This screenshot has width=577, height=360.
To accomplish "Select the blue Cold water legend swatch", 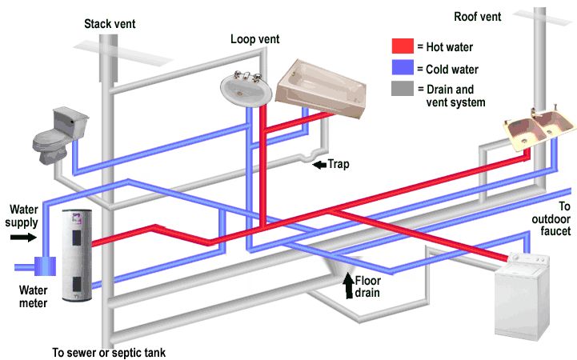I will click(x=403, y=68).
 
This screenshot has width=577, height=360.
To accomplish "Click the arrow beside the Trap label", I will click(x=319, y=166).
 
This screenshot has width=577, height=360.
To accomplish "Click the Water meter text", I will click(x=33, y=297).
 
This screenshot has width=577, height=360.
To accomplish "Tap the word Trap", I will click(x=340, y=166).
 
